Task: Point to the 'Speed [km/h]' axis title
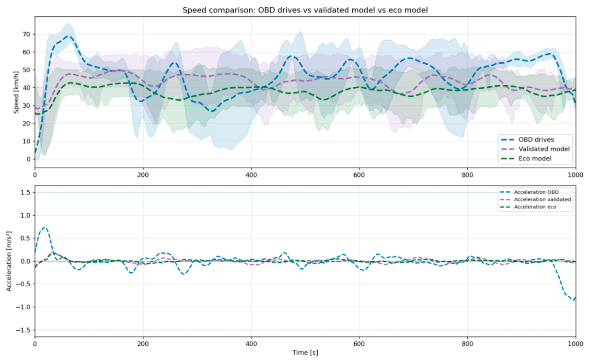tap(16, 93)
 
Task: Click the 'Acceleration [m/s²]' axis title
tap(9, 261)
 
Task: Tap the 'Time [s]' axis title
tap(305, 353)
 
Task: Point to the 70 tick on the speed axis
tap(26, 35)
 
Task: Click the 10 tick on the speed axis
tap(26, 141)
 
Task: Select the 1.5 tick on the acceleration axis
tap(26, 193)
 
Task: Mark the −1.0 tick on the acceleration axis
tap(23, 307)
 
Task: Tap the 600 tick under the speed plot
tap(359, 175)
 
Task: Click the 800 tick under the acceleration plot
tap(468, 344)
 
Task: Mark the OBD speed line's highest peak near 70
tap(69, 36)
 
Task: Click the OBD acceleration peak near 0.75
tap(45, 227)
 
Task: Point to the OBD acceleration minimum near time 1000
tap(574, 300)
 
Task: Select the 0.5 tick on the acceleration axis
tap(26, 238)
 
